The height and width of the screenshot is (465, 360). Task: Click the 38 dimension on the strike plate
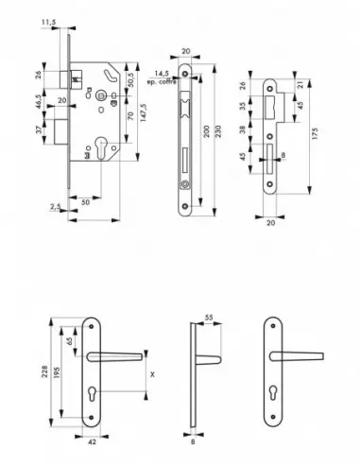tap(241, 130)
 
